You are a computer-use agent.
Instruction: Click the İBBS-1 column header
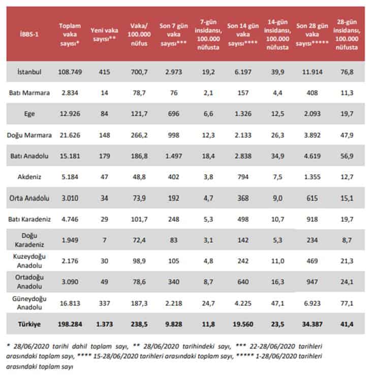tap(29, 34)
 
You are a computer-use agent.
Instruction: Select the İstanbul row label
tap(29, 72)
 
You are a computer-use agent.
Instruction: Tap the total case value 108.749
tap(70, 72)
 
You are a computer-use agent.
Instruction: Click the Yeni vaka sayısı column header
tap(104, 34)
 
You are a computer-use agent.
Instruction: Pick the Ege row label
tap(29, 114)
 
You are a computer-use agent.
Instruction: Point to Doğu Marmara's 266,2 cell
tap(139, 135)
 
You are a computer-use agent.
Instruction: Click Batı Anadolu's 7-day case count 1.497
tap(174, 156)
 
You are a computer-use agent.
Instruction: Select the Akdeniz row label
tap(29, 177)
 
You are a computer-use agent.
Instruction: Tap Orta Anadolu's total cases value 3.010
tap(70, 198)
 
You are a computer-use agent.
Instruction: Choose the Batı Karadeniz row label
tap(29, 219)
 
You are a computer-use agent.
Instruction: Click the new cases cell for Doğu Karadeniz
tap(104, 240)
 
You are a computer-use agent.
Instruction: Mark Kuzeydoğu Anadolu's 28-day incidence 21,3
tap(347, 261)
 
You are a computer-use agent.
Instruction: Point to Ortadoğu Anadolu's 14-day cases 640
tap(243, 282)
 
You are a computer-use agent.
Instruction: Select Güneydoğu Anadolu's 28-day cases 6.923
tap(312, 303)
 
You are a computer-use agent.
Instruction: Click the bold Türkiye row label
tap(29, 324)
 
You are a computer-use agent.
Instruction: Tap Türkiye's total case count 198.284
tap(70, 324)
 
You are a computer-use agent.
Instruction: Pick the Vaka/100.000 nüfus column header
tap(139, 34)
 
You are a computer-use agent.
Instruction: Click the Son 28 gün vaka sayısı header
tap(312, 34)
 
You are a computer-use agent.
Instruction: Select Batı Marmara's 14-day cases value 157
tap(243, 93)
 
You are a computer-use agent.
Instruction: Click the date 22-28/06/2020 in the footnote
tap(272, 346)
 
